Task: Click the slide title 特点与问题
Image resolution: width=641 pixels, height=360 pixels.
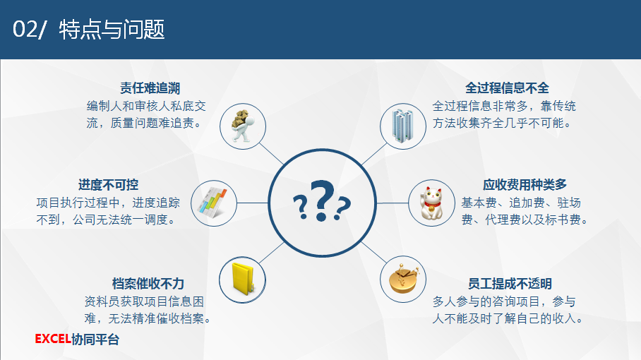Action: [x=112, y=30]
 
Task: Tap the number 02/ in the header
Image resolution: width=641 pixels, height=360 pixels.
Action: [x=30, y=30]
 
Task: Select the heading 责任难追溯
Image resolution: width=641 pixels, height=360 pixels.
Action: [x=150, y=88]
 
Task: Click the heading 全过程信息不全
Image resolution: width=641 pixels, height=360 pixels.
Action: [x=507, y=88]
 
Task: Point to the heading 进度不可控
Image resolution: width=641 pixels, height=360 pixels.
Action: [x=108, y=185]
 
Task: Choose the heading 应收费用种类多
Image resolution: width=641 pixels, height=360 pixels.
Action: [x=525, y=185]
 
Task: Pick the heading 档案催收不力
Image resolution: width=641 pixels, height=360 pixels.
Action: [x=148, y=284]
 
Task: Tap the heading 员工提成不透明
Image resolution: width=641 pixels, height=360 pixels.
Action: [x=510, y=284]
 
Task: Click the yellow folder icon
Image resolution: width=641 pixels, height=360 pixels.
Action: [x=242, y=279]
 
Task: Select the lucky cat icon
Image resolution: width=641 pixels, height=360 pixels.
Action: [x=432, y=203]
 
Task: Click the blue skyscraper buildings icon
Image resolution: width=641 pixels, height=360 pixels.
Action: [x=402, y=126]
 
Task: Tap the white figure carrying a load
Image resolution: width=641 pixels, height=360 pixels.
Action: [x=242, y=125]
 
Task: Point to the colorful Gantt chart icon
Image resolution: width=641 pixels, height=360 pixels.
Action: [x=212, y=203]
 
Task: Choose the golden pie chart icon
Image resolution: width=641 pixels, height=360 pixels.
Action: [x=404, y=279]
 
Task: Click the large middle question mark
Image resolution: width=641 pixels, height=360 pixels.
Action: [x=323, y=200]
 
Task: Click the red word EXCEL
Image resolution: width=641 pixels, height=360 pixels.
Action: [x=53, y=339]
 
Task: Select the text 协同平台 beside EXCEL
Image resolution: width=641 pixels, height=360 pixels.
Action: [x=95, y=339]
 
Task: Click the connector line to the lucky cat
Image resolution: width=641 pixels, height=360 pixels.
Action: [x=393, y=203]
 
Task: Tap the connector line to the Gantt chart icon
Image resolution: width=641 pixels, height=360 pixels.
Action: [x=252, y=203]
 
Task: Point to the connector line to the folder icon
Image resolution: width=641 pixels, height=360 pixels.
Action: [x=272, y=253]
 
